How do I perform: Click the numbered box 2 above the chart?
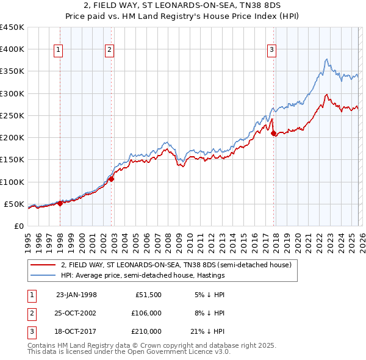point(109,51)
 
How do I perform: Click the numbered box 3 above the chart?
point(271,51)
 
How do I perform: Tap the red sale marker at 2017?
point(273,133)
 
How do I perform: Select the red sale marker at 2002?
point(112,179)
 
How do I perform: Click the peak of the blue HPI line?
point(327,59)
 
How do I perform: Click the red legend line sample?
point(43,265)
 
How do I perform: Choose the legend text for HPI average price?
point(143,275)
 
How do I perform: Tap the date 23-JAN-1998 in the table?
point(76,294)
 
